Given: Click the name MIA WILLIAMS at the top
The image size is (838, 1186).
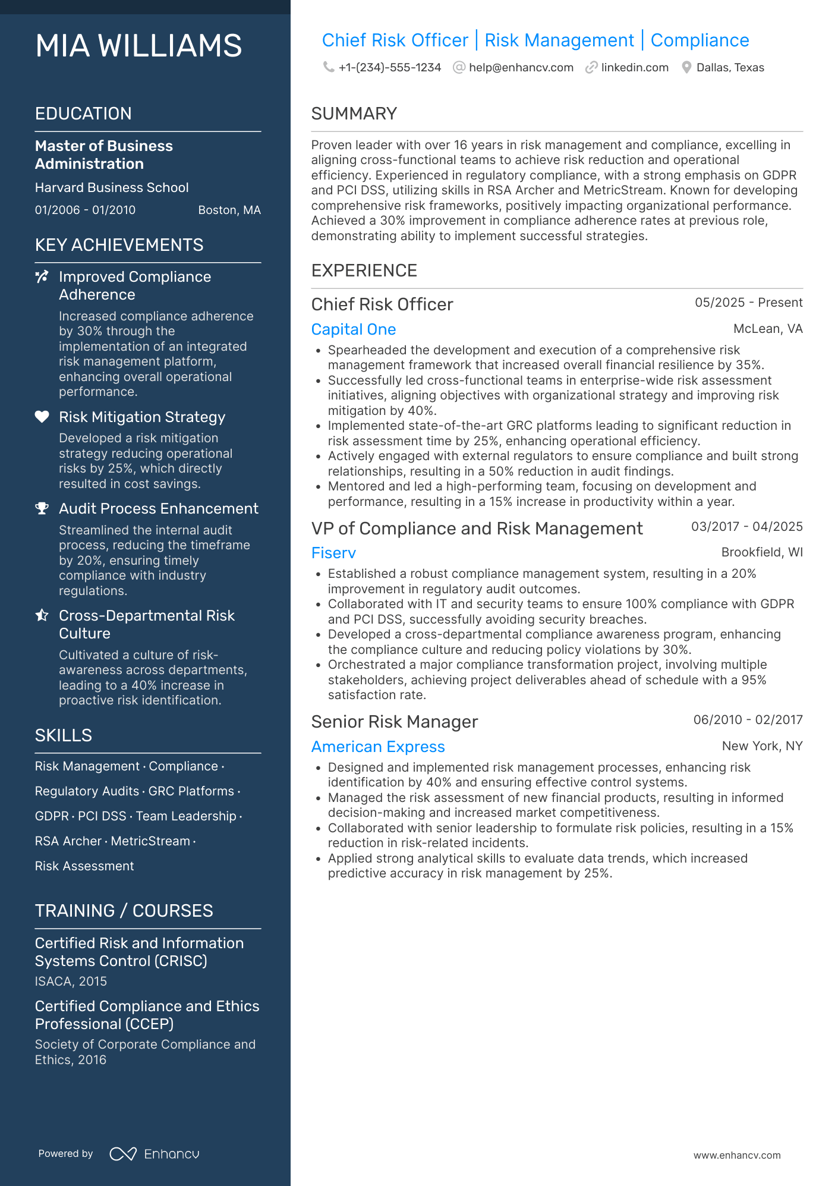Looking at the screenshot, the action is tap(138, 46).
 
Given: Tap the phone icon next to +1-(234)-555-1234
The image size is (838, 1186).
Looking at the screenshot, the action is tap(328, 67).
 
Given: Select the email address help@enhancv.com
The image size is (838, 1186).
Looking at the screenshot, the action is tap(521, 68).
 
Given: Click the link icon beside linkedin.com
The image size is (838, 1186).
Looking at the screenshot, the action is tap(591, 68).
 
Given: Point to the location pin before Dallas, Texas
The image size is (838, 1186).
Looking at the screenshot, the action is tap(686, 68).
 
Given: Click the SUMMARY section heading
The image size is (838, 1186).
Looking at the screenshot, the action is tap(354, 114).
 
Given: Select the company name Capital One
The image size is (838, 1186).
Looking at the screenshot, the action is tap(354, 329).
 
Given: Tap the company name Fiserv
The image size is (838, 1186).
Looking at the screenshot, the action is tap(333, 553).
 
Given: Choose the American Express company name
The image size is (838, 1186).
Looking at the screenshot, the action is tap(378, 747).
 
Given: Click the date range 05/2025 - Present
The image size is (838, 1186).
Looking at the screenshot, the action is tap(748, 303).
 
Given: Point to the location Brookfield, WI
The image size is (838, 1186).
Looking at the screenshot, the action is tap(761, 552).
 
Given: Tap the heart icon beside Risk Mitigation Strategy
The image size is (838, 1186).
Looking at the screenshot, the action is tap(42, 417).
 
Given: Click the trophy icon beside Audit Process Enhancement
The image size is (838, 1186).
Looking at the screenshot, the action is tap(42, 508).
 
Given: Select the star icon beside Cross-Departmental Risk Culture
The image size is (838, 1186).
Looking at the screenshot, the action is tap(42, 615).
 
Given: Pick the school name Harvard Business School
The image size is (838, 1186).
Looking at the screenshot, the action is tap(112, 188).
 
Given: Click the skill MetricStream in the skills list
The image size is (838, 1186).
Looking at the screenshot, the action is tap(150, 841).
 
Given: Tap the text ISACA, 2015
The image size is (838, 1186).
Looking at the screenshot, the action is tap(71, 981).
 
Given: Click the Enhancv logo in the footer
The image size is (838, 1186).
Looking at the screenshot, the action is tap(155, 1154).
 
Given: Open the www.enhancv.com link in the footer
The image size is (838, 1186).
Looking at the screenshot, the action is tap(737, 1155).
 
